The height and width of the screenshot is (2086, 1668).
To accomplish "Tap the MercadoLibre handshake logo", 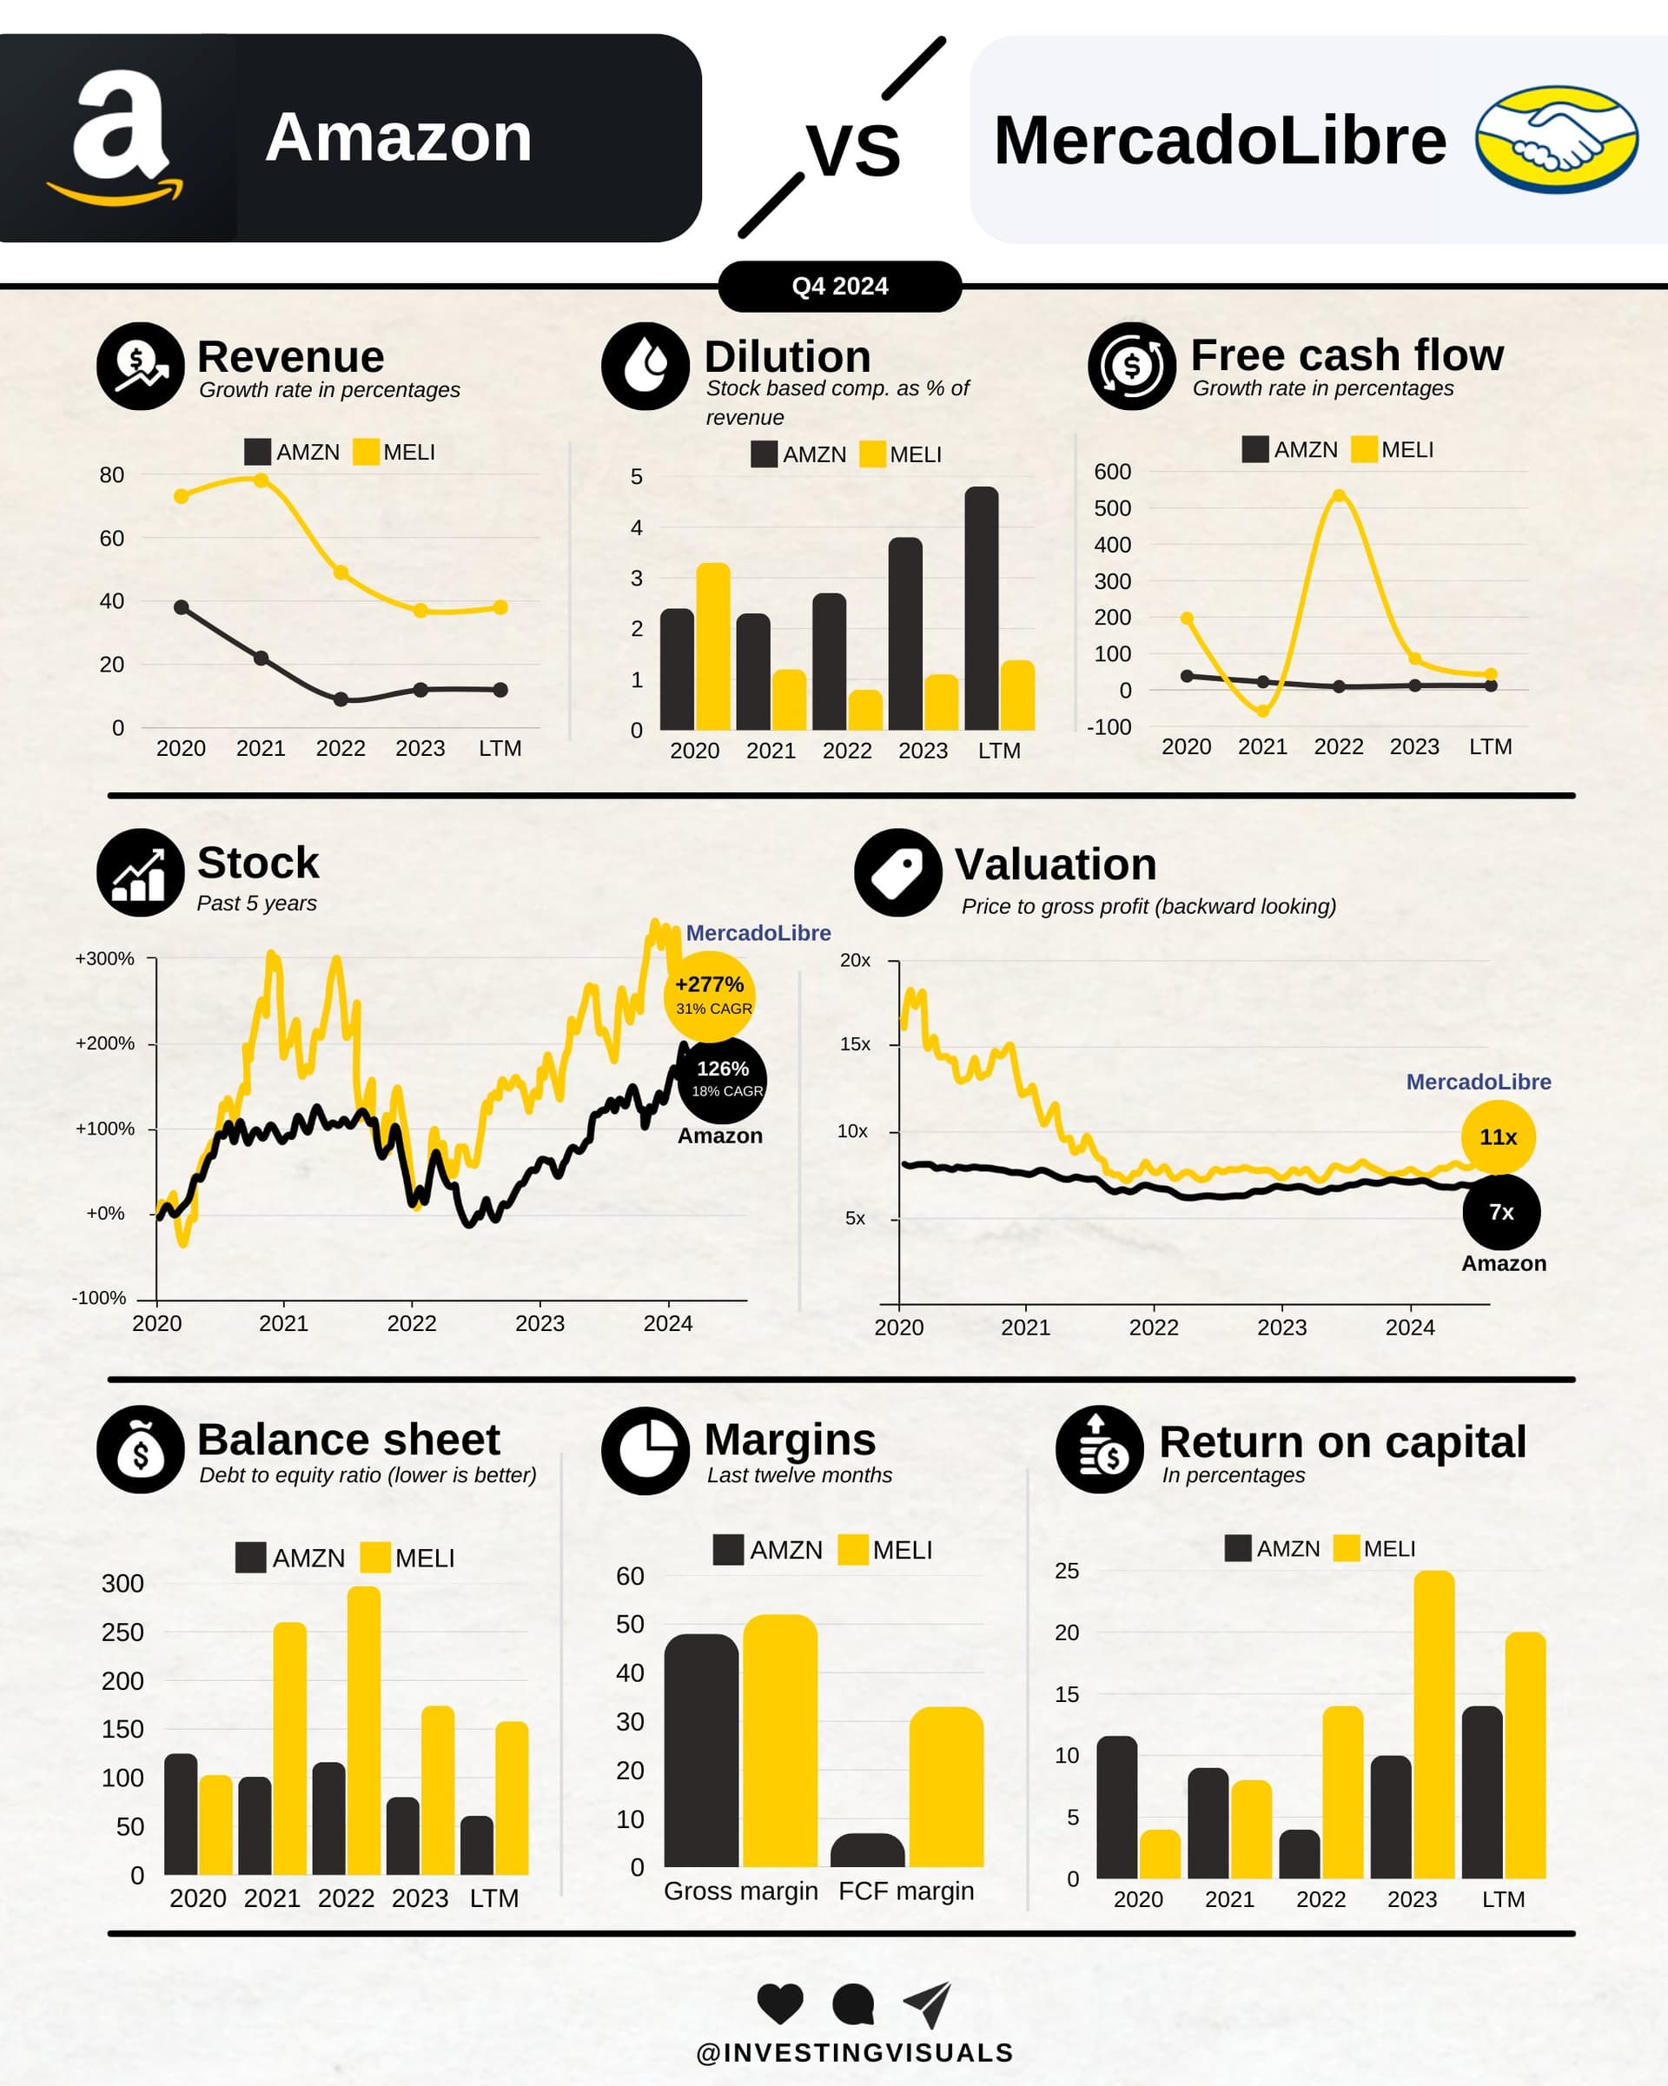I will pos(1556,139).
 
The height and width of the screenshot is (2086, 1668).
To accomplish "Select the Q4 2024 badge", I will pos(839,287).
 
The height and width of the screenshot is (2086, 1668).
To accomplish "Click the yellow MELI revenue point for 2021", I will pos(261,480).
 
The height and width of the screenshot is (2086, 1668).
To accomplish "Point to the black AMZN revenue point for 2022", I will pos(341,699).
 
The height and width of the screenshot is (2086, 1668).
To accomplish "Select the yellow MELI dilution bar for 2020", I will pos(713,646).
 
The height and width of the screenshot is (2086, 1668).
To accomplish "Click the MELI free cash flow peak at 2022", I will pos(1339,496).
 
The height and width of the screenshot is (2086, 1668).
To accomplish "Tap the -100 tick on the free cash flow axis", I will pos(1109,726).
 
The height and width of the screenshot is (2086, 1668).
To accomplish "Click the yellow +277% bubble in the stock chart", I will pos(710,994).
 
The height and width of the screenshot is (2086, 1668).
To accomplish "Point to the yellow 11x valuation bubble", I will pos(1498,1137).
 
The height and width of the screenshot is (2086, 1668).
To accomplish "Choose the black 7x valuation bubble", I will pos(1500,1212).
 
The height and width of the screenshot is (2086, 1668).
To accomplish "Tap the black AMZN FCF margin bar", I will pos(867,1851).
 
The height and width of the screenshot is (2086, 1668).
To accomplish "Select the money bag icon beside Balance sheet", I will pos(140,1449).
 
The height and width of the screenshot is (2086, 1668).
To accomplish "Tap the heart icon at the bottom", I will pos(780,2003).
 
